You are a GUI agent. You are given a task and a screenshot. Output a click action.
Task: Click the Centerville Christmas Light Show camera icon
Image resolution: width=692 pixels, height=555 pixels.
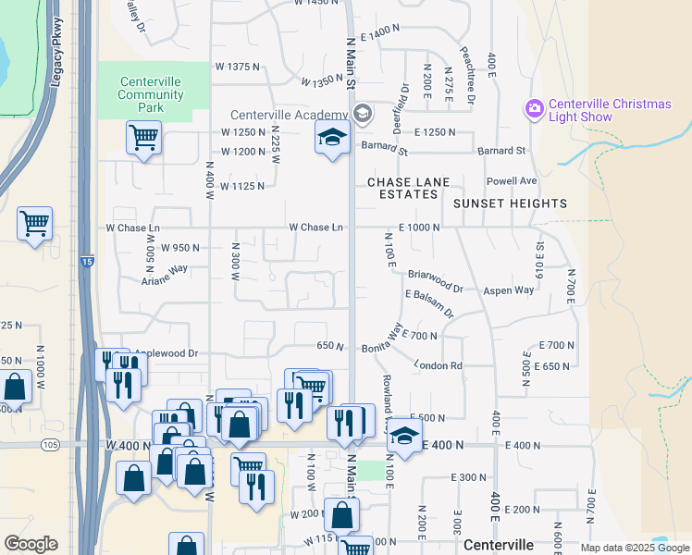[534, 110]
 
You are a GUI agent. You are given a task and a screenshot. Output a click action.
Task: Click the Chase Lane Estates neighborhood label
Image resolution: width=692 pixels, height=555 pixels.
[402, 188]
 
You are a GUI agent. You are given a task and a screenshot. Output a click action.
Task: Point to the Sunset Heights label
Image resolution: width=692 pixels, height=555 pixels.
[510, 203]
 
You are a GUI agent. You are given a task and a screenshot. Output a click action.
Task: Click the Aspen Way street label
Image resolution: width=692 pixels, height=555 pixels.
[509, 290]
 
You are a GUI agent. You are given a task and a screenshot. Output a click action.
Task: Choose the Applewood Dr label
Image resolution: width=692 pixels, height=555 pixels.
[167, 353]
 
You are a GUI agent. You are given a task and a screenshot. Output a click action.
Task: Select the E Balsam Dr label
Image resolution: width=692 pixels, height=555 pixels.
[430, 302]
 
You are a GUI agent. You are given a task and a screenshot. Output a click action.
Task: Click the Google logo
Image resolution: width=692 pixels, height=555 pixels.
[31, 544]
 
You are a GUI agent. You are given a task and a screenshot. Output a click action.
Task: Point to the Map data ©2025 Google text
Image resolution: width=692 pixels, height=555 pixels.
[635, 549]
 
